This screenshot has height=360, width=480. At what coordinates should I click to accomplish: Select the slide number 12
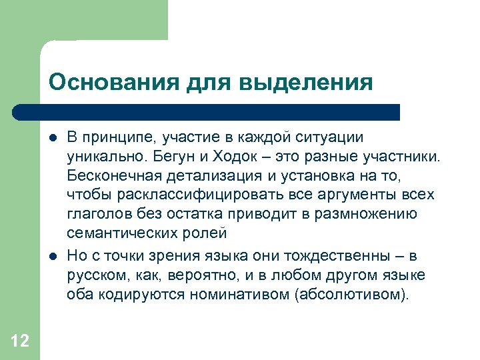pyautogui.click(x=20, y=341)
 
